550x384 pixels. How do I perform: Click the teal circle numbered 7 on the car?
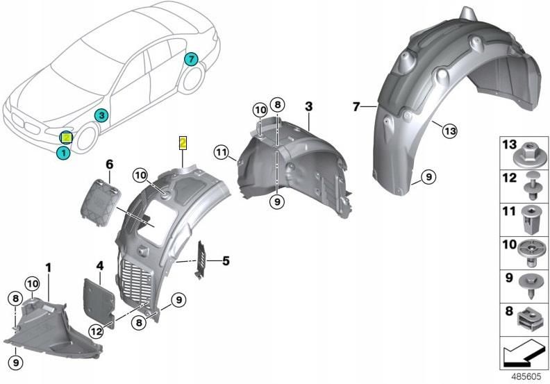[x=191, y=59]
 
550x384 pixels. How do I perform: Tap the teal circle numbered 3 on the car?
[x=101, y=115]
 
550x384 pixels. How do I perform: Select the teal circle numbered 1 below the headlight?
[x=63, y=153]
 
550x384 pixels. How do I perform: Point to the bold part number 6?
[x=110, y=164]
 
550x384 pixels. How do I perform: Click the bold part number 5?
[x=226, y=261]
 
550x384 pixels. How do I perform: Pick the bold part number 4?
[x=100, y=266]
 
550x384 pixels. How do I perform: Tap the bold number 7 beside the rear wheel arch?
[x=356, y=106]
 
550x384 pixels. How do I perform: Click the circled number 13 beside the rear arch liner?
[x=450, y=131]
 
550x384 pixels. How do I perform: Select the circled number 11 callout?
[x=222, y=153]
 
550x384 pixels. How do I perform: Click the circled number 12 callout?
[x=96, y=331]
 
